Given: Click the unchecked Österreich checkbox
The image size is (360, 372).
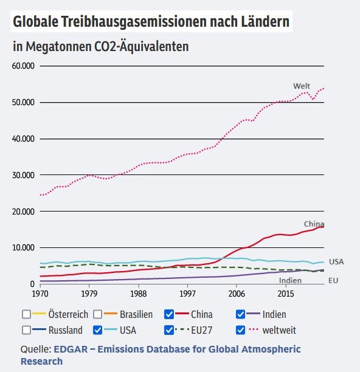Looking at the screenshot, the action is [x=26, y=314].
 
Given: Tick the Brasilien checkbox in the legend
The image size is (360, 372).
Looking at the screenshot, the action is [x=97, y=314].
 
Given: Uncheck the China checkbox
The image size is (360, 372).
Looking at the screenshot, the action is [x=169, y=314].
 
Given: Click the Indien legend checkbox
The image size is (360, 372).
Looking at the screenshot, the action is [x=240, y=314].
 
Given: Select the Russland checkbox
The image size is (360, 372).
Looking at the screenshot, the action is [x=26, y=330].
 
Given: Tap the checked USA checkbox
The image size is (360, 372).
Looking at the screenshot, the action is [x=97, y=330].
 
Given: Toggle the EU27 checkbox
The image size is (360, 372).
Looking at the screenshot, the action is [x=169, y=330].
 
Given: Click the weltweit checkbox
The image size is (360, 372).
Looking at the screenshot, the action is [x=240, y=330].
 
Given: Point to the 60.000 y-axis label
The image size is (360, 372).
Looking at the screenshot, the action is [x=23, y=66].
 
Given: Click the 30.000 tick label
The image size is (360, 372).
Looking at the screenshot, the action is [x=23, y=175].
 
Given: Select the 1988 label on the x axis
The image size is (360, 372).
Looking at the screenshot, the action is [x=139, y=294].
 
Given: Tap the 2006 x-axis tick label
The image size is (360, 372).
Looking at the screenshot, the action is [x=237, y=294].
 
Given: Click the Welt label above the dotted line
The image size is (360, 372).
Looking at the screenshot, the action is [x=302, y=86].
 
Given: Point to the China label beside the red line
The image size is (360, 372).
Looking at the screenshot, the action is [x=314, y=224].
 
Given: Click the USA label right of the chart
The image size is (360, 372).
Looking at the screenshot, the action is [x=336, y=262].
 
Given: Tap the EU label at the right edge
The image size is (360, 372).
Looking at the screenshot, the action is [x=333, y=280].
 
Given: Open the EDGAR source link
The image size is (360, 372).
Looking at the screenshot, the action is [x=161, y=355].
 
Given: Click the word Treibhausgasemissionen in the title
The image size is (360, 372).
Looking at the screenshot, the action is [x=134, y=22].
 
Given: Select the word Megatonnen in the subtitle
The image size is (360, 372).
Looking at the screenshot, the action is [x=58, y=46].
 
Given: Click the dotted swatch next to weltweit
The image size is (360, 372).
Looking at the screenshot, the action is [x=253, y=329].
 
